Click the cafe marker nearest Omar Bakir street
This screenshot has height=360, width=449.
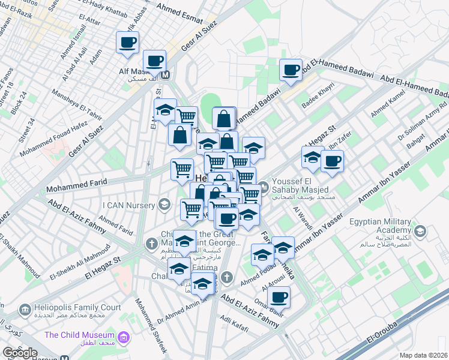[279, 296]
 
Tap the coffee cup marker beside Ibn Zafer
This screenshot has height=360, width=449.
[331, 160]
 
